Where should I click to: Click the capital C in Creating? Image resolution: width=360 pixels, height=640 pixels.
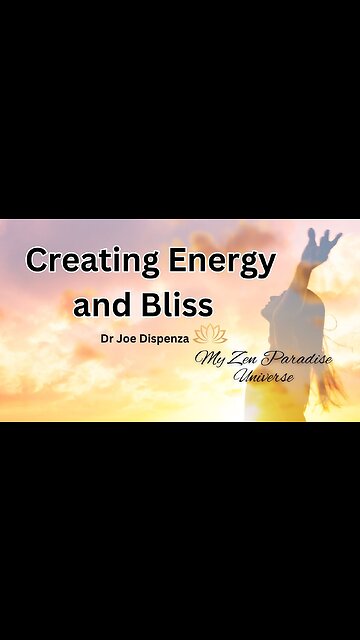[x=37, y=262]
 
